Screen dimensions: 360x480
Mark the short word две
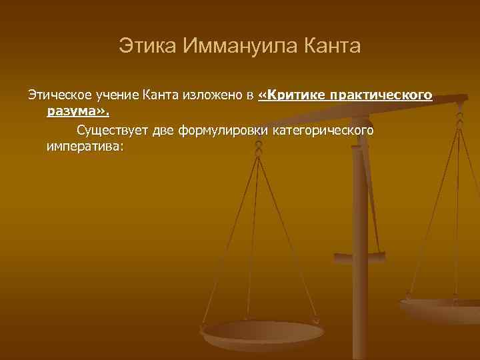pyautogui.click(x=164, y=129)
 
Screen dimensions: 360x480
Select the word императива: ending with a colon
pyautogui.click(x=85, y=145)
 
